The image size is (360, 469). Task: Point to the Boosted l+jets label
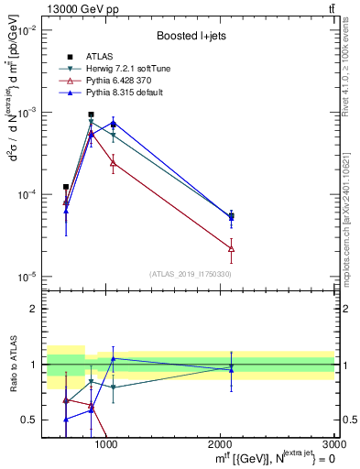(x=191, y=37)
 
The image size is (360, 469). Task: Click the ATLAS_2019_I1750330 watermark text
(x=191, y=274)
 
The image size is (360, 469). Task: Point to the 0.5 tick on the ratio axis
(x=31, y=420)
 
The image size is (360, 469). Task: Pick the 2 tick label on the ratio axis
(x=35, y=309)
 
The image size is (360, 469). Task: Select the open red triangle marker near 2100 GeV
(x=231, y=248)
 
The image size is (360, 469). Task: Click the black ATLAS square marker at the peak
(x=91, y=115)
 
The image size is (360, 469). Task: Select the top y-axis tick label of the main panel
(x=27, y=30)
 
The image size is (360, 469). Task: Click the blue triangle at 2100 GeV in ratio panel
(x=231, y=369)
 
